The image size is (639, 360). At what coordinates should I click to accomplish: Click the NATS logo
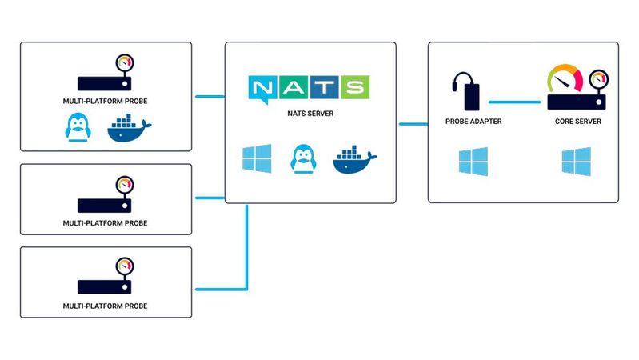310,88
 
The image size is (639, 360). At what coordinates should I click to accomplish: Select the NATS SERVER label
310,114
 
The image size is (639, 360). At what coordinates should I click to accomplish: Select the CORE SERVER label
578,122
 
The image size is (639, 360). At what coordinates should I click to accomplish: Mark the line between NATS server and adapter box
413,123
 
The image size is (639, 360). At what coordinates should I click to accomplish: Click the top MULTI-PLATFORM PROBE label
106,101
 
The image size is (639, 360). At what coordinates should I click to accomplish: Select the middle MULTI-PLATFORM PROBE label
106,222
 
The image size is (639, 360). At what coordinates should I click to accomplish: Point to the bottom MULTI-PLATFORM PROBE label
106,306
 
